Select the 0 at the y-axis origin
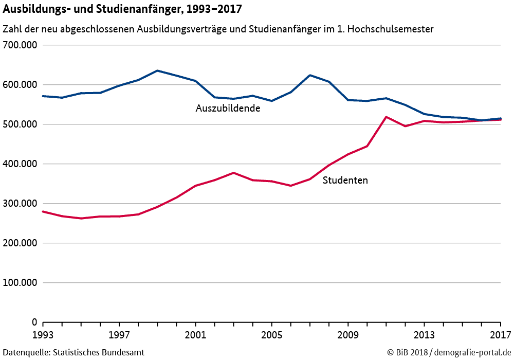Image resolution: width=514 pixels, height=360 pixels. (x=34, y=322)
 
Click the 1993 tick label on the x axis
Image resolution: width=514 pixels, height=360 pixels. (x=43, y=334)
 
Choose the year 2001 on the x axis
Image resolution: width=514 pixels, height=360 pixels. (x=195, y=334)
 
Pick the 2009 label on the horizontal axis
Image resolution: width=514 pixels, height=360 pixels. (x=348, y=334)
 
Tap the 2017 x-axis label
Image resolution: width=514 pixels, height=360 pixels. (x=500, y=334)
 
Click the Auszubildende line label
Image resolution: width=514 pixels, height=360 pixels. (x=228, y=109)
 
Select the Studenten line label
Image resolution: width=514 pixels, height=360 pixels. (x=345, y=181)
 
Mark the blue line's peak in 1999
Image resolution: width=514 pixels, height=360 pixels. (x=157, y=70)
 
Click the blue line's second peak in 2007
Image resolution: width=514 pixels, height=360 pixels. (x=310, y=75)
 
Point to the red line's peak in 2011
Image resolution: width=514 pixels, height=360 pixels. (x=386, y=117)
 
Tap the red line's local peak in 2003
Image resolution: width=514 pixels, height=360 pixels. (x=233, y=173)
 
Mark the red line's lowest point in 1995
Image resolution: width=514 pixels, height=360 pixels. (x=81, y=219)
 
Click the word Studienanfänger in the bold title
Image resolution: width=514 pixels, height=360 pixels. (x=136, y=9)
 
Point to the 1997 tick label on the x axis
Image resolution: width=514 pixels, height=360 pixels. (x=119, y=334)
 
